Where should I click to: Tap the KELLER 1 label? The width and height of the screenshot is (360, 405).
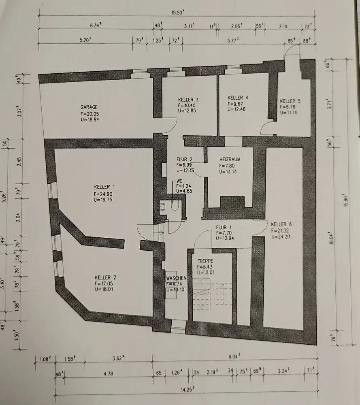[104, 187]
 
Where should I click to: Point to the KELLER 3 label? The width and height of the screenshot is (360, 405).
[188, 100]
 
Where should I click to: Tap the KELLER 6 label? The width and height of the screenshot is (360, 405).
[281, 224]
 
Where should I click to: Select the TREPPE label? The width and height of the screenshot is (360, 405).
[205, 261]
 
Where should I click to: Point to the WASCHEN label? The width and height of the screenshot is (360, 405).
[176, 278]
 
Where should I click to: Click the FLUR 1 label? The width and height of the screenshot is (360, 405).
[224, 227]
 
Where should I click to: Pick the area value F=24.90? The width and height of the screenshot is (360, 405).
[104, 194]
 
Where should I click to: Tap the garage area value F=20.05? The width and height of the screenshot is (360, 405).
[89, 114]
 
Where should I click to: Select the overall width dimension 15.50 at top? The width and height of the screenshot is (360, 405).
[177, 12]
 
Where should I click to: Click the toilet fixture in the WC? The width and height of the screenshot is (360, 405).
[175, 207]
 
